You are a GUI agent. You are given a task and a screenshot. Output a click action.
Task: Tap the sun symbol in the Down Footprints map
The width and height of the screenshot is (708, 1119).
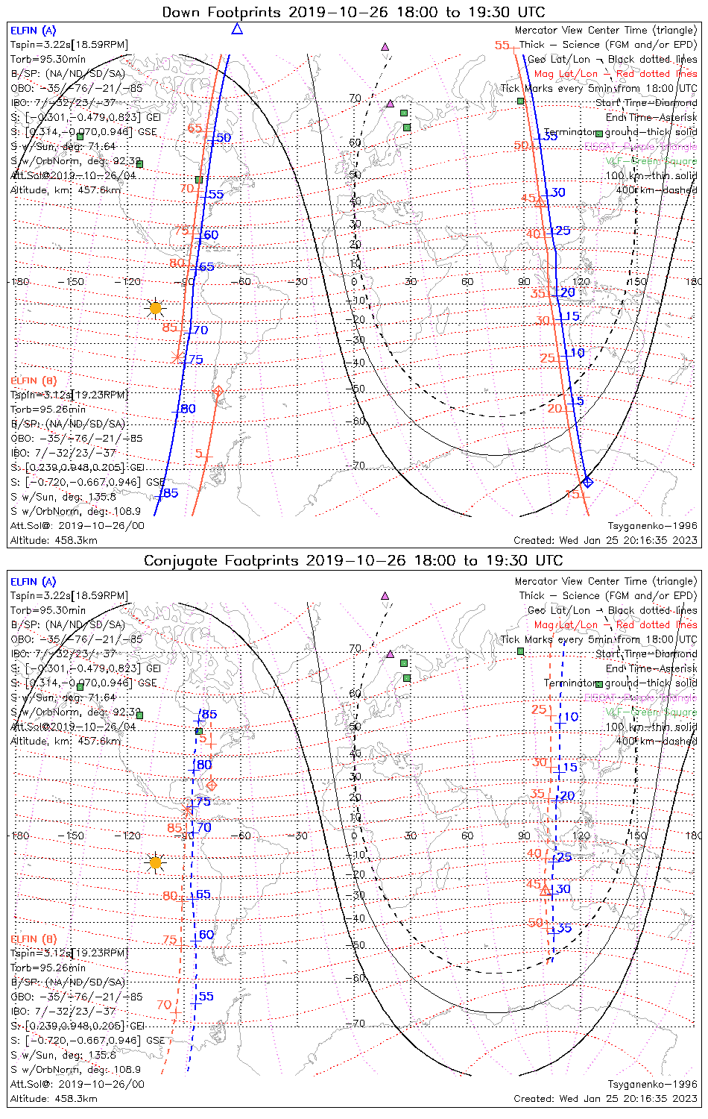tap(155, 307)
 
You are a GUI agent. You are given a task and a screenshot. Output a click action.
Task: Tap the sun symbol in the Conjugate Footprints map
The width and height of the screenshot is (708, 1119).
tap(155, 862)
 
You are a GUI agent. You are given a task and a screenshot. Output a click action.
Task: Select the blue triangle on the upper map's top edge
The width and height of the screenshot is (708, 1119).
tap(237, 29)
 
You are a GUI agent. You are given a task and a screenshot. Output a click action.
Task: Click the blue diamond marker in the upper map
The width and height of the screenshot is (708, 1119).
tap(587, 482)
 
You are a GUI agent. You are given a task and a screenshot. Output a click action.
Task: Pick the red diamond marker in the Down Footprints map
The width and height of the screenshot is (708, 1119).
tap(218, 391)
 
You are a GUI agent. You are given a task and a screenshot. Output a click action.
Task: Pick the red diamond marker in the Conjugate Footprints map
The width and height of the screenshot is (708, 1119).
tap(211, 785)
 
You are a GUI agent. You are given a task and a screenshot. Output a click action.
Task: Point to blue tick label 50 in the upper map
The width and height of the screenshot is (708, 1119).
tap(224, 138)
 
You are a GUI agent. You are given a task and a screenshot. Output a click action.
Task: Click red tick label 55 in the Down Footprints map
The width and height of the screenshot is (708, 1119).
tap(502, 46)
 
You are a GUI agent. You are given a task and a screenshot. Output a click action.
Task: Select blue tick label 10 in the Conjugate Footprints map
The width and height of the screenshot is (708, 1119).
tap(571, 717)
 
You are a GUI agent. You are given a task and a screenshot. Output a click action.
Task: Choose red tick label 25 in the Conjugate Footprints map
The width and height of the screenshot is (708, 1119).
tap(539, 709)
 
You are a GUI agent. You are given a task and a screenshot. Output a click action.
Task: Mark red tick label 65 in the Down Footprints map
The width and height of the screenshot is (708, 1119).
tap(195, 128)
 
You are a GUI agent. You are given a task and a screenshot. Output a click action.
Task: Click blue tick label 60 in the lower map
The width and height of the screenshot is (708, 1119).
tap(206, 935)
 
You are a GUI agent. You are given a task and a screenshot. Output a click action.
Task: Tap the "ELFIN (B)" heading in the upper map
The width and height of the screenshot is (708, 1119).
tap(34, 380)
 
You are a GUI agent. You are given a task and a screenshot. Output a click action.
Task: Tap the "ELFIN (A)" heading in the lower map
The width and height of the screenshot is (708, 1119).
tap(34, 582)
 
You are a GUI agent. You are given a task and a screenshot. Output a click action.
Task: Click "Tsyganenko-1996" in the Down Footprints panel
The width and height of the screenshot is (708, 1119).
tap(652, 526)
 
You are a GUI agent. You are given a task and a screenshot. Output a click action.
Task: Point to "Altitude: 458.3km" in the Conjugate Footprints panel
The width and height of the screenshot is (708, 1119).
tap(54, 1099)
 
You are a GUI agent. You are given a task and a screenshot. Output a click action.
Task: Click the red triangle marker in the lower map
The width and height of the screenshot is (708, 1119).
tap(545, 889)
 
